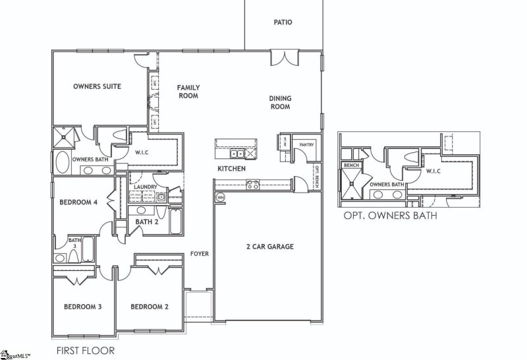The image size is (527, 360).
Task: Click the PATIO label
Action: [283, 22]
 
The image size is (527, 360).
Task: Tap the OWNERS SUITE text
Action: [97, 86]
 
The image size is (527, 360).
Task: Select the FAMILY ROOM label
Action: [188, 92]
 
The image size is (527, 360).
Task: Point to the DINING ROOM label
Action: [280, 103]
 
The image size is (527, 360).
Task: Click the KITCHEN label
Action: [232, 169]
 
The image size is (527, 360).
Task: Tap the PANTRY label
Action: [306, 144]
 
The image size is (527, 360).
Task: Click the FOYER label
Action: [200, 253]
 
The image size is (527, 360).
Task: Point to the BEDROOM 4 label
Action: [78, 202]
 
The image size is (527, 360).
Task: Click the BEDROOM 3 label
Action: [82, 307]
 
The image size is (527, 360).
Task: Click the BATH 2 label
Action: [147, 222]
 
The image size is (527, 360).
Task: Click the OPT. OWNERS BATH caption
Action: [390, 215]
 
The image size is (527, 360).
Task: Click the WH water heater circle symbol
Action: [220, 196]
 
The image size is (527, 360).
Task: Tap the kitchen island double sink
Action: [237, 154]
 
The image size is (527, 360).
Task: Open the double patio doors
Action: [285, 58]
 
